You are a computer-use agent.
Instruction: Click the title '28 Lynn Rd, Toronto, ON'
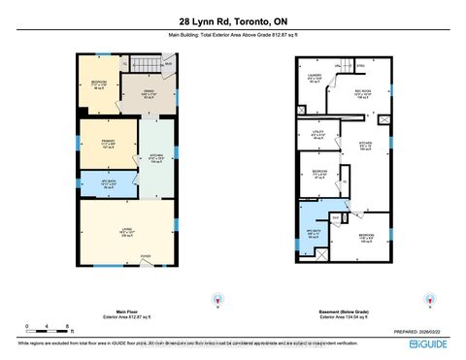pyautogui.click(x=233, y=21)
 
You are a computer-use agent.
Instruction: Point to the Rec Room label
pyautogui.click(x=362, y=94)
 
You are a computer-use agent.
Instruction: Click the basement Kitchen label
pyautogui.click(x=366, y=147)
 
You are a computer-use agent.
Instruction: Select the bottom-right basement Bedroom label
pyautogui.click(x=365, y=237)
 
